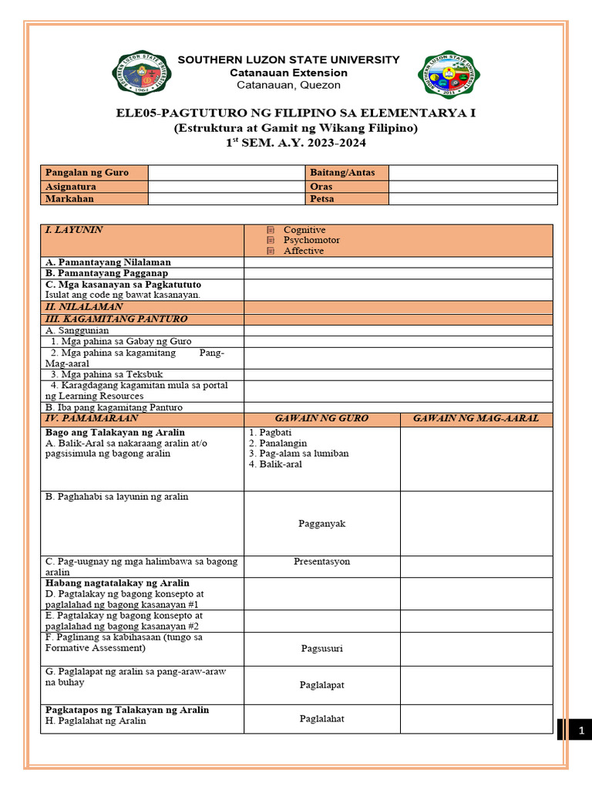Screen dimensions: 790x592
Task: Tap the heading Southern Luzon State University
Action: point(289,59)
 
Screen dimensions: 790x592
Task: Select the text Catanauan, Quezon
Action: point(289,85)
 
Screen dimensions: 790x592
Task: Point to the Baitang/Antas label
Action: point(342,172)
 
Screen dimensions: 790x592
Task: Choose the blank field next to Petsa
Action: point(472,198)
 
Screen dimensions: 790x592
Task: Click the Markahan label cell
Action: point(69,198)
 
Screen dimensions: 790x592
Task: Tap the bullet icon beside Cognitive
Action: point(271,230)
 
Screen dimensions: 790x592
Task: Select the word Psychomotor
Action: point(311,240)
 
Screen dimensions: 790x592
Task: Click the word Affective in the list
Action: point(303,251)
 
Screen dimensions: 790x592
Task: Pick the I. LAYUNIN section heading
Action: point(75,230)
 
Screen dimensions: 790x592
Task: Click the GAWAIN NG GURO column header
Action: point(321,418)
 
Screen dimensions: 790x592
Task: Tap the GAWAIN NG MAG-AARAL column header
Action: point(476,418)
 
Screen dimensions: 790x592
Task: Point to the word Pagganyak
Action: point(321,524)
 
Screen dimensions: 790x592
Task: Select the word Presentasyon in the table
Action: point(321,562)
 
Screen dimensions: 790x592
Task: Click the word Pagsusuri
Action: point(321,649)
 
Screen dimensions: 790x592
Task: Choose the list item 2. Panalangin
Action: point(277,444)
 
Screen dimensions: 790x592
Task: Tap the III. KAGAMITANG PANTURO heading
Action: point(116,319)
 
